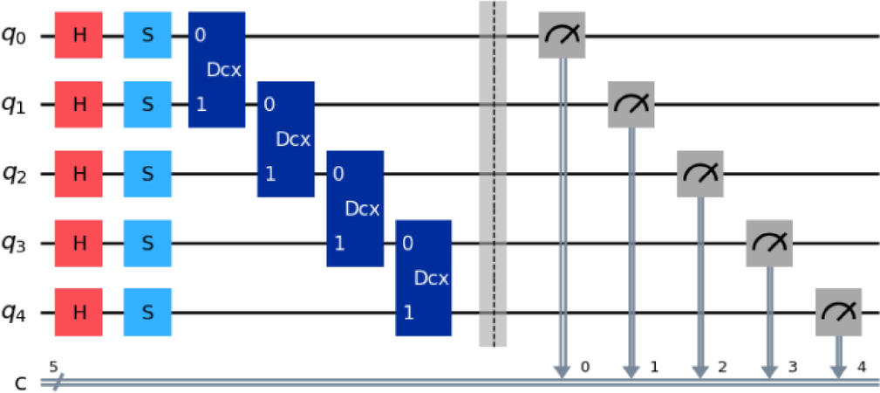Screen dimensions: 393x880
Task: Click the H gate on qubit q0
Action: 78,35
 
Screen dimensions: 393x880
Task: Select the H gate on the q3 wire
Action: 78,243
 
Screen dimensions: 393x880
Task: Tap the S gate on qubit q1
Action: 147,105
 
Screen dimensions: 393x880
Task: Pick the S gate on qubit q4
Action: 147,312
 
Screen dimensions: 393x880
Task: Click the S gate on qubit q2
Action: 147,174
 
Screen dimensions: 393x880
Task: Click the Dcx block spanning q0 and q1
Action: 216,70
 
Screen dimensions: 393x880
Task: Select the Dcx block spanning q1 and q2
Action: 285,139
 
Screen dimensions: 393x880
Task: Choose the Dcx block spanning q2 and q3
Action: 354,208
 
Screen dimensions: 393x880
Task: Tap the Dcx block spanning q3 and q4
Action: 423,278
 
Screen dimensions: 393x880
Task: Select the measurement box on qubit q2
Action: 699,174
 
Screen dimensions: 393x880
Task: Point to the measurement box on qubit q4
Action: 838,312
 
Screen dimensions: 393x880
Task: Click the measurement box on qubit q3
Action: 768,243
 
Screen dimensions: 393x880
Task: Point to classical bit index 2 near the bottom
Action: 721,368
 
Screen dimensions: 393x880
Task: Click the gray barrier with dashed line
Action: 493,174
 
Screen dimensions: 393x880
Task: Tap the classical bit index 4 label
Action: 860,368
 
